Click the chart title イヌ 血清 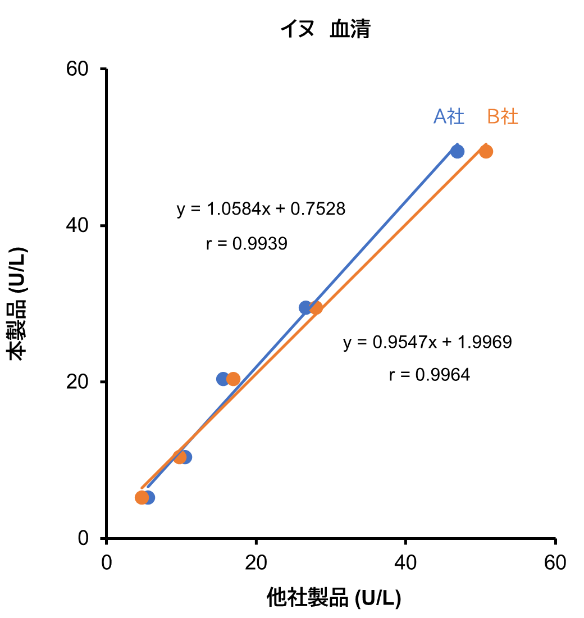tap(326, 29)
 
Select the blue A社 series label tap(449, 116)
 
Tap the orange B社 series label tap(503, 116)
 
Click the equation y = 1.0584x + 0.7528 tap(261, 210)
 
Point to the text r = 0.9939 tap(247, 244)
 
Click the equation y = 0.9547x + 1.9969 tap(427, 342)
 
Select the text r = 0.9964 tap(429, 375)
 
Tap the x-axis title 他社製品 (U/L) tap(334, 598)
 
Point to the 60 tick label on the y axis tap(79, 70)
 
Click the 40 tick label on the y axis tap(79, 226)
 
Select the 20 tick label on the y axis tap(79, 382)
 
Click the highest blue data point tap(457, 151)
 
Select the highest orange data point tap(486, 151)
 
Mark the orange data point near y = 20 tap(234, 379)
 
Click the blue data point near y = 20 tap(223, 379)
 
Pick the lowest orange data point tap(142, 497)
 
